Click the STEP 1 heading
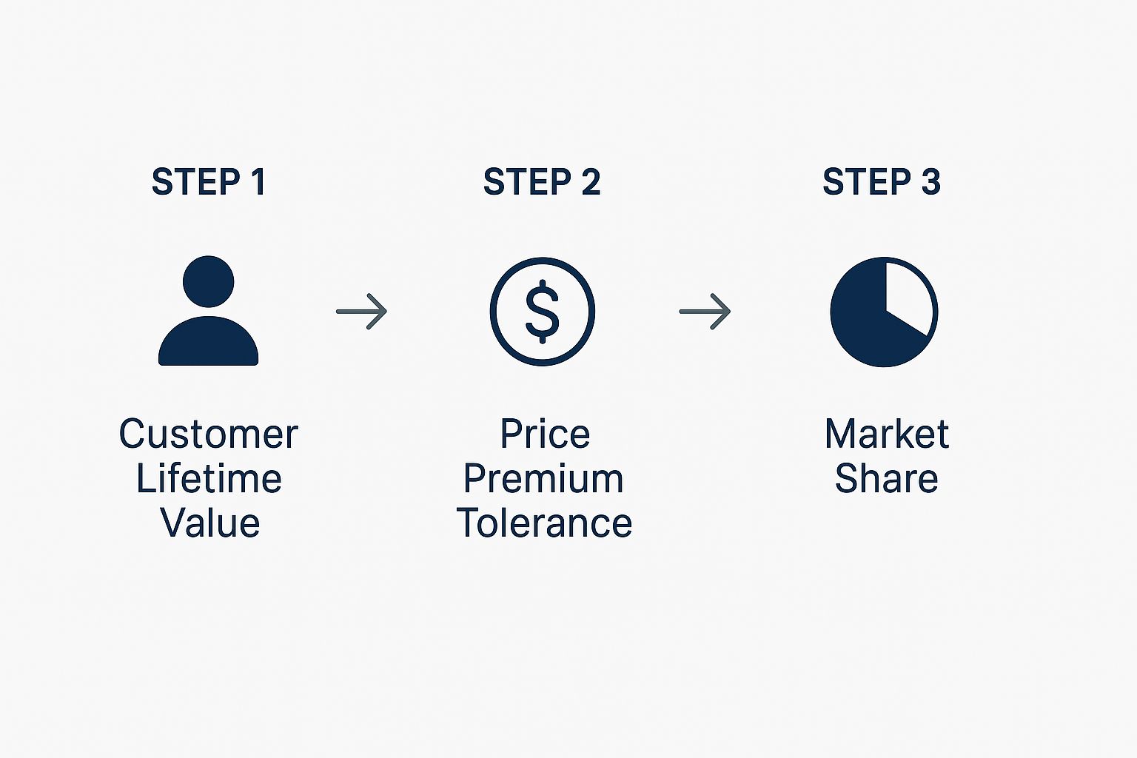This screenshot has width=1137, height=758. tap(208, 181)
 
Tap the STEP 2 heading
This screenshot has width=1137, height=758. tap(542, 181)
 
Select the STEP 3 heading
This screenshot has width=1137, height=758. tap(882, 181)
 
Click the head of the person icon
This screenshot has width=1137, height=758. tap(208, 281)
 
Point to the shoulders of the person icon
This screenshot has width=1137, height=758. tap(208, 341)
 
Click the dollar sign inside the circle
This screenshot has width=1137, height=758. tap(542, 311)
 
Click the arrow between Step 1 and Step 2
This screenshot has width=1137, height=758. tap(361, 311)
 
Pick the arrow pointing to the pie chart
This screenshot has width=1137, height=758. tap(705, 311)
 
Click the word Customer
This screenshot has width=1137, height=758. tap(208, 435)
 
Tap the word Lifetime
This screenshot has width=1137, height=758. tap(209, 478)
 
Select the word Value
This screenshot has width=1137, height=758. tap(210, 523)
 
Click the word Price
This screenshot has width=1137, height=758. tap(545, 434)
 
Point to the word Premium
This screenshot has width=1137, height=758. tap(543, 479)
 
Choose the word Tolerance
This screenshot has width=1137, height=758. tap(544, 523)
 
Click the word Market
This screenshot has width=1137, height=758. tap(887, 434)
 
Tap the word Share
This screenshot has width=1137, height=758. tap(887, 478)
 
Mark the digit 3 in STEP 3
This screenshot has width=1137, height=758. tap(931, 181)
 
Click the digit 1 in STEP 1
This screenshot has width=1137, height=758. tap(258, 181)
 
